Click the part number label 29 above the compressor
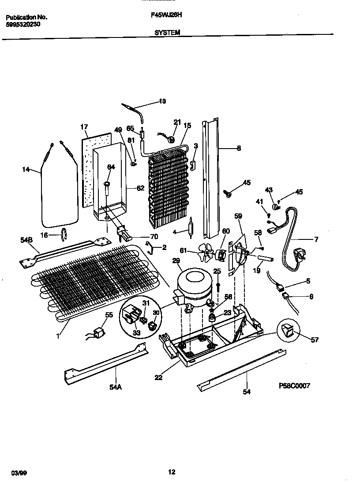176,261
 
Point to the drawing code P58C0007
295,385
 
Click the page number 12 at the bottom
172,472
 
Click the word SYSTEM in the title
167,32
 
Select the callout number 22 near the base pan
158,377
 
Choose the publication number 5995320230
23,25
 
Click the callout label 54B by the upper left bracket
27,239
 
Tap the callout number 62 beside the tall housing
140,188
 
